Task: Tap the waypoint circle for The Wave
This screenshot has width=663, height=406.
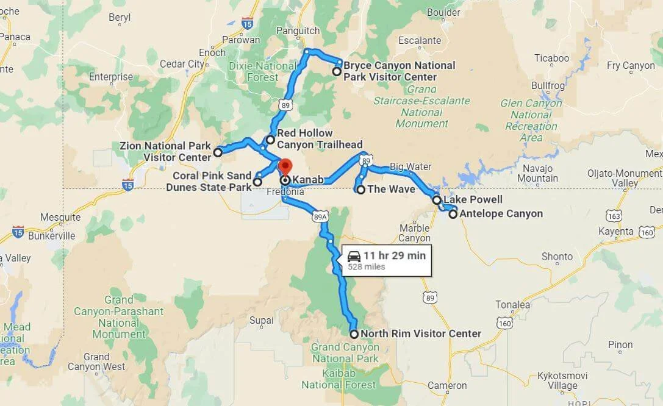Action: [360, 190]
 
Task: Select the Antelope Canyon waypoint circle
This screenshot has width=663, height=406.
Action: [453, 214]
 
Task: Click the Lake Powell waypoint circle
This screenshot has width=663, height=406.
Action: [437, 200]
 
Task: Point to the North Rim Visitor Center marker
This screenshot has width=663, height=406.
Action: [354, 334]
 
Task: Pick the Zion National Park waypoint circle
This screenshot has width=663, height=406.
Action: [218, 152]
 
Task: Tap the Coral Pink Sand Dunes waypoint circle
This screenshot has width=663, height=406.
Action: [258, 182]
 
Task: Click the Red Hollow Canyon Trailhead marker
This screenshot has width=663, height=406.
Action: [271, 140]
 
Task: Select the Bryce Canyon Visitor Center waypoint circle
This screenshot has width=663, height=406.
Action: [336, 71]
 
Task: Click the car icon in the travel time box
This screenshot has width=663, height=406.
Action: [354, 257]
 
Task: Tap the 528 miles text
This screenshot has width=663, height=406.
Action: [367, 267]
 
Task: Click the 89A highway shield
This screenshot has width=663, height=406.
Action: [320, 216]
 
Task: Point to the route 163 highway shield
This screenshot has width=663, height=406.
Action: [615, 216]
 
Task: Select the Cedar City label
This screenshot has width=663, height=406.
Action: [182, 64]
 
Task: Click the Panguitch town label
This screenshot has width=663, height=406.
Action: [298, 30]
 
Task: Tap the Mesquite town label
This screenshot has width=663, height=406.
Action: [60, 217]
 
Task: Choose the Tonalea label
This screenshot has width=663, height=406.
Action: [512, 305]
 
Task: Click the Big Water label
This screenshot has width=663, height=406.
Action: [410, 166]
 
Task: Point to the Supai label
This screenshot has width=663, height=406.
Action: [262, 320]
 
